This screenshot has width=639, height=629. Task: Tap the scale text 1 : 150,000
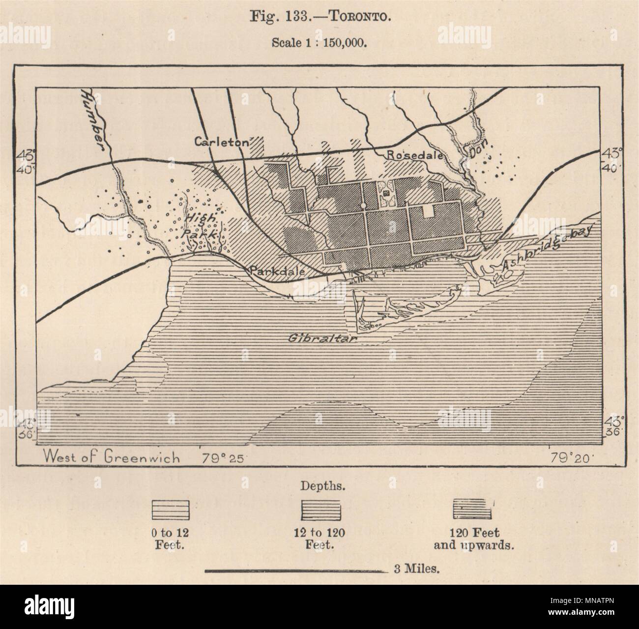pyautogui.click(x=339, y=42)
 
